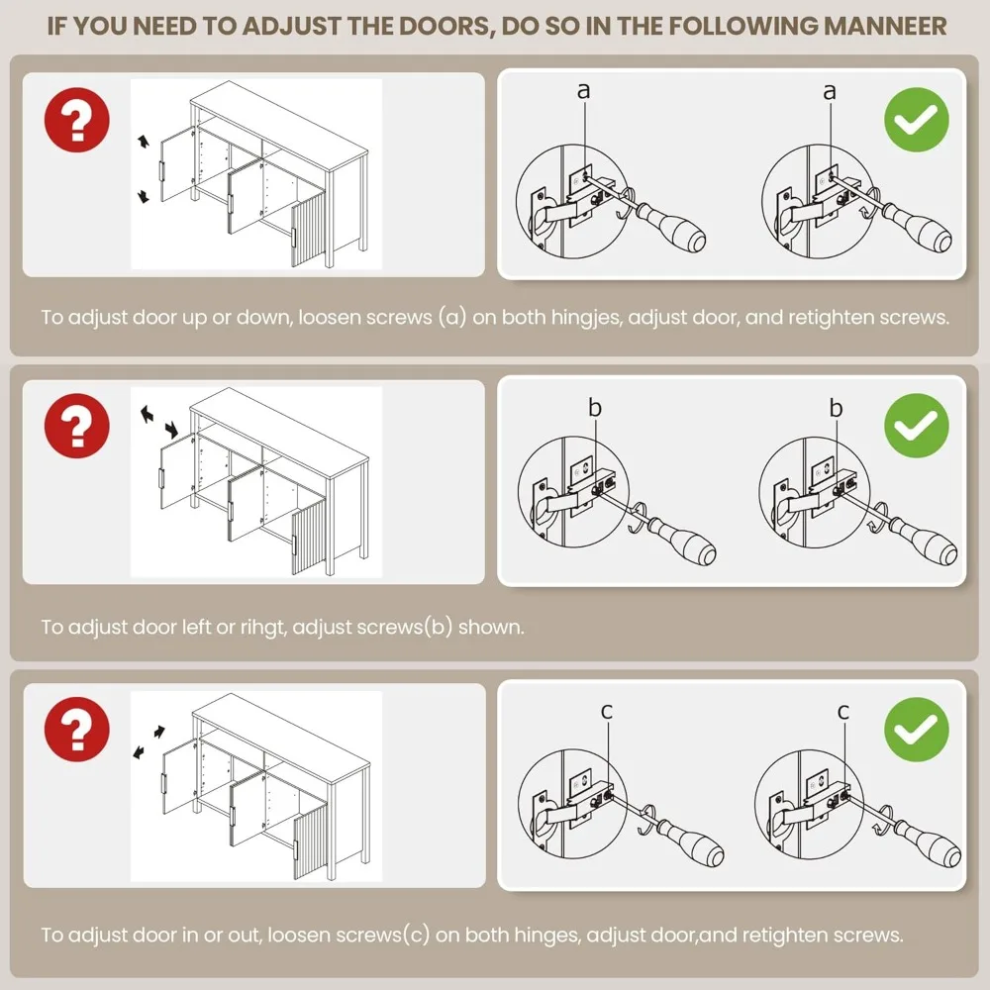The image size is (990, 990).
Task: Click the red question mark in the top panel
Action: [x=76, y=120]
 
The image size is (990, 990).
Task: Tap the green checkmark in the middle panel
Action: [x=916, y=426]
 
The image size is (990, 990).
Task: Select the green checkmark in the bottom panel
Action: [x=916, y=730]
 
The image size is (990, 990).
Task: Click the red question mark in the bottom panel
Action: [x=76, y=730]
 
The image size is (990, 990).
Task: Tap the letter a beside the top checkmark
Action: [x=829, y=92]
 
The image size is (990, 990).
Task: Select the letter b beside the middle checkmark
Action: [x=836, y=408]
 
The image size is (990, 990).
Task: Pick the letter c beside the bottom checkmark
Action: [x=842, y=712]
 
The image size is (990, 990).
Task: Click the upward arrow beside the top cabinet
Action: [x=145, y=142]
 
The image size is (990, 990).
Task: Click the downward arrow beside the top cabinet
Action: [x=144, y=196]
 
